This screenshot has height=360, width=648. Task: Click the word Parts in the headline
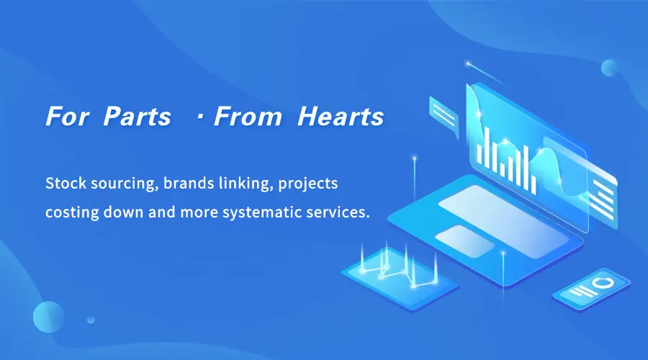(x=137, y=116)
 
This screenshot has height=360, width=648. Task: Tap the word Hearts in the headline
(x=341, y=116)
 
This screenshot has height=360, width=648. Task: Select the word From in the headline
(x=248, y=116)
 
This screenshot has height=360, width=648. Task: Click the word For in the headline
(x=67, y=116)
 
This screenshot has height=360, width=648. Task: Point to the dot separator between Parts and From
(x=200, y=117)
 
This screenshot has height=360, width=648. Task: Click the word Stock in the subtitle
(x=66, y=183)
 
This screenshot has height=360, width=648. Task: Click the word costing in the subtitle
(x=72, y=213)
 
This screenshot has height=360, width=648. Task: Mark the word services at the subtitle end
(x=338, y=212)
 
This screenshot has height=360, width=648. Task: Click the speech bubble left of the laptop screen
(x=444, y=117)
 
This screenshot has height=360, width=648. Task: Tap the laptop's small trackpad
(x=465, y=241)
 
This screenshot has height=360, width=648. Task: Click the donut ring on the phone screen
(x=604, y=283)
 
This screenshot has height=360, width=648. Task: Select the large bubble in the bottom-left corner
(x=49, y=317)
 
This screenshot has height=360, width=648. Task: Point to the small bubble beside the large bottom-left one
(x=91, y=320)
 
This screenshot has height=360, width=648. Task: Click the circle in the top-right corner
(x=609, y=68)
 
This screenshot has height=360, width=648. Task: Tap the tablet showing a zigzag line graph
(x=400, y=278)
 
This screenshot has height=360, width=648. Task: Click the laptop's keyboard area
(x=504, y=221)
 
